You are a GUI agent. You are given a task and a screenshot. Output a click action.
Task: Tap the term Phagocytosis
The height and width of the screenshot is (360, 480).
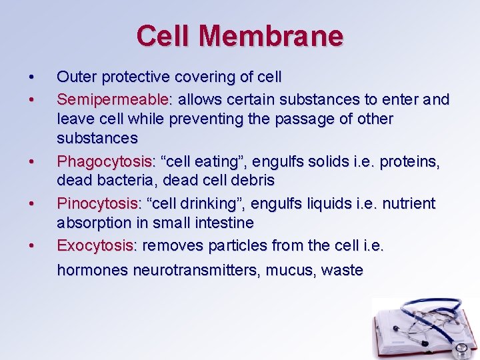pos(104,162)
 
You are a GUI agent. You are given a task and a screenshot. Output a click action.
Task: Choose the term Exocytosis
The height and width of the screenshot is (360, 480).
pos(95,245)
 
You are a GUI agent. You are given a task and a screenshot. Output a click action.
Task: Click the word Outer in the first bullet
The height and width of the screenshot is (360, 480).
pos(75,77)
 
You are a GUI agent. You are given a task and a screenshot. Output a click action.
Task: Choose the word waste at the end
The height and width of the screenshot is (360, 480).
pos(341,271)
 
